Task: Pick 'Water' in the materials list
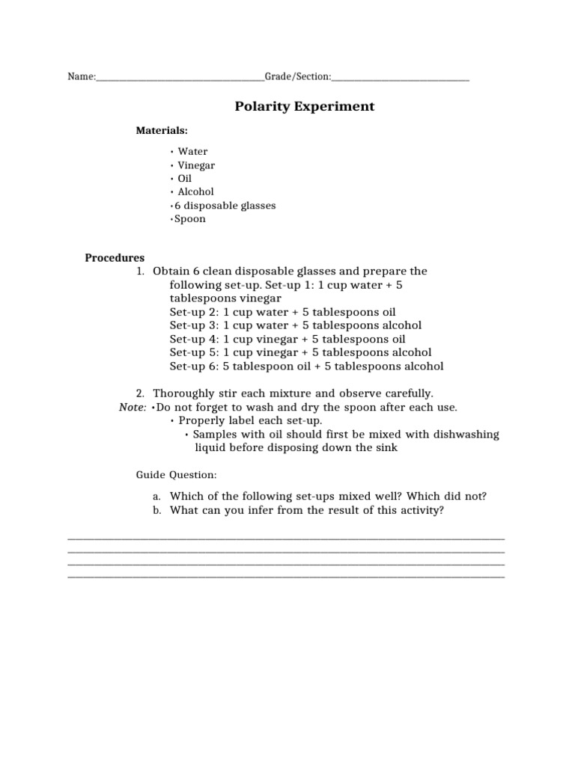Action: tap(192, 152)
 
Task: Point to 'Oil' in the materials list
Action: tap(185, 179)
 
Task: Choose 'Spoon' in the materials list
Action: tap(190, 219)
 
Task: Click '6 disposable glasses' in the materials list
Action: tap(225, 206)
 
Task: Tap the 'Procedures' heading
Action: tap(115, 258)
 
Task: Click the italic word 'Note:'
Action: tap(133, 407)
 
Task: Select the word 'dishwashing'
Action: tap(464, 435)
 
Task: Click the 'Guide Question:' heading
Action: tap(177, 475)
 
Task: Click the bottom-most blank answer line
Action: tap(286, 577)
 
